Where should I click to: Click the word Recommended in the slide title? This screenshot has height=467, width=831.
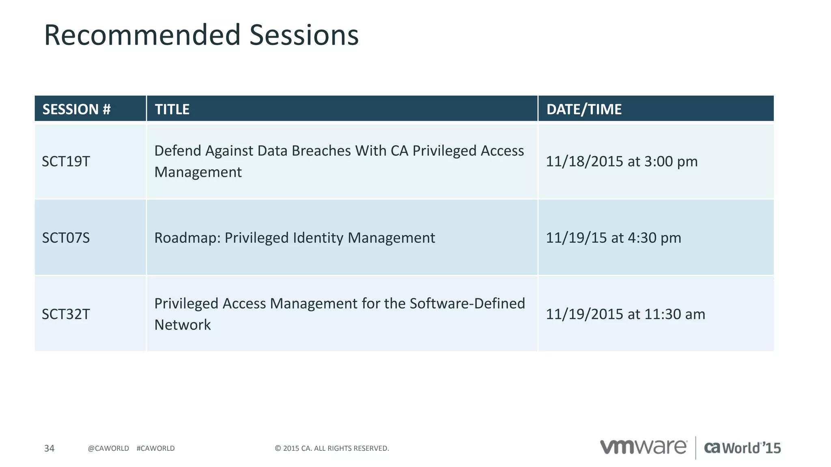coord(142,35)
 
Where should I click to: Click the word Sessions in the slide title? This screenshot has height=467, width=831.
coord(304,35)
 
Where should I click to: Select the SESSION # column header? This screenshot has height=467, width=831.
coord(77,109)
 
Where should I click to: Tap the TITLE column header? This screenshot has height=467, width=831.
coord(172,109)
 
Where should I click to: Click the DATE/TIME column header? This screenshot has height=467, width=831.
coord(583,109)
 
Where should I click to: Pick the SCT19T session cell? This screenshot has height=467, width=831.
coord(66,161)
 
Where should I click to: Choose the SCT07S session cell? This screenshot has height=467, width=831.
coord(66,238)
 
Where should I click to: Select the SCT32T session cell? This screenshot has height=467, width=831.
coord(66,314)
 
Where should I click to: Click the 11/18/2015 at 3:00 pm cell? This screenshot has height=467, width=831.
coord(621,161)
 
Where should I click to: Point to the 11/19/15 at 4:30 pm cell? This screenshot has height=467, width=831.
coord(613,238)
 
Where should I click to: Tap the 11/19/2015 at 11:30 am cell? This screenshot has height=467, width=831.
coord(625,314)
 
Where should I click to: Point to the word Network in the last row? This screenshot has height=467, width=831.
coord(183,325)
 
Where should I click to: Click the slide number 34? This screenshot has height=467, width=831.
coord(49,448)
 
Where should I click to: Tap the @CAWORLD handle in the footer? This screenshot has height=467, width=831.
coord(108,448)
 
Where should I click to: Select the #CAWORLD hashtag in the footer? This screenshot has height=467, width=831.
coord(155,448)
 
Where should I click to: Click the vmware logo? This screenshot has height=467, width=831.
coord(643,447)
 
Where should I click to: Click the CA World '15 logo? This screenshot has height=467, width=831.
coord(742,448)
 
